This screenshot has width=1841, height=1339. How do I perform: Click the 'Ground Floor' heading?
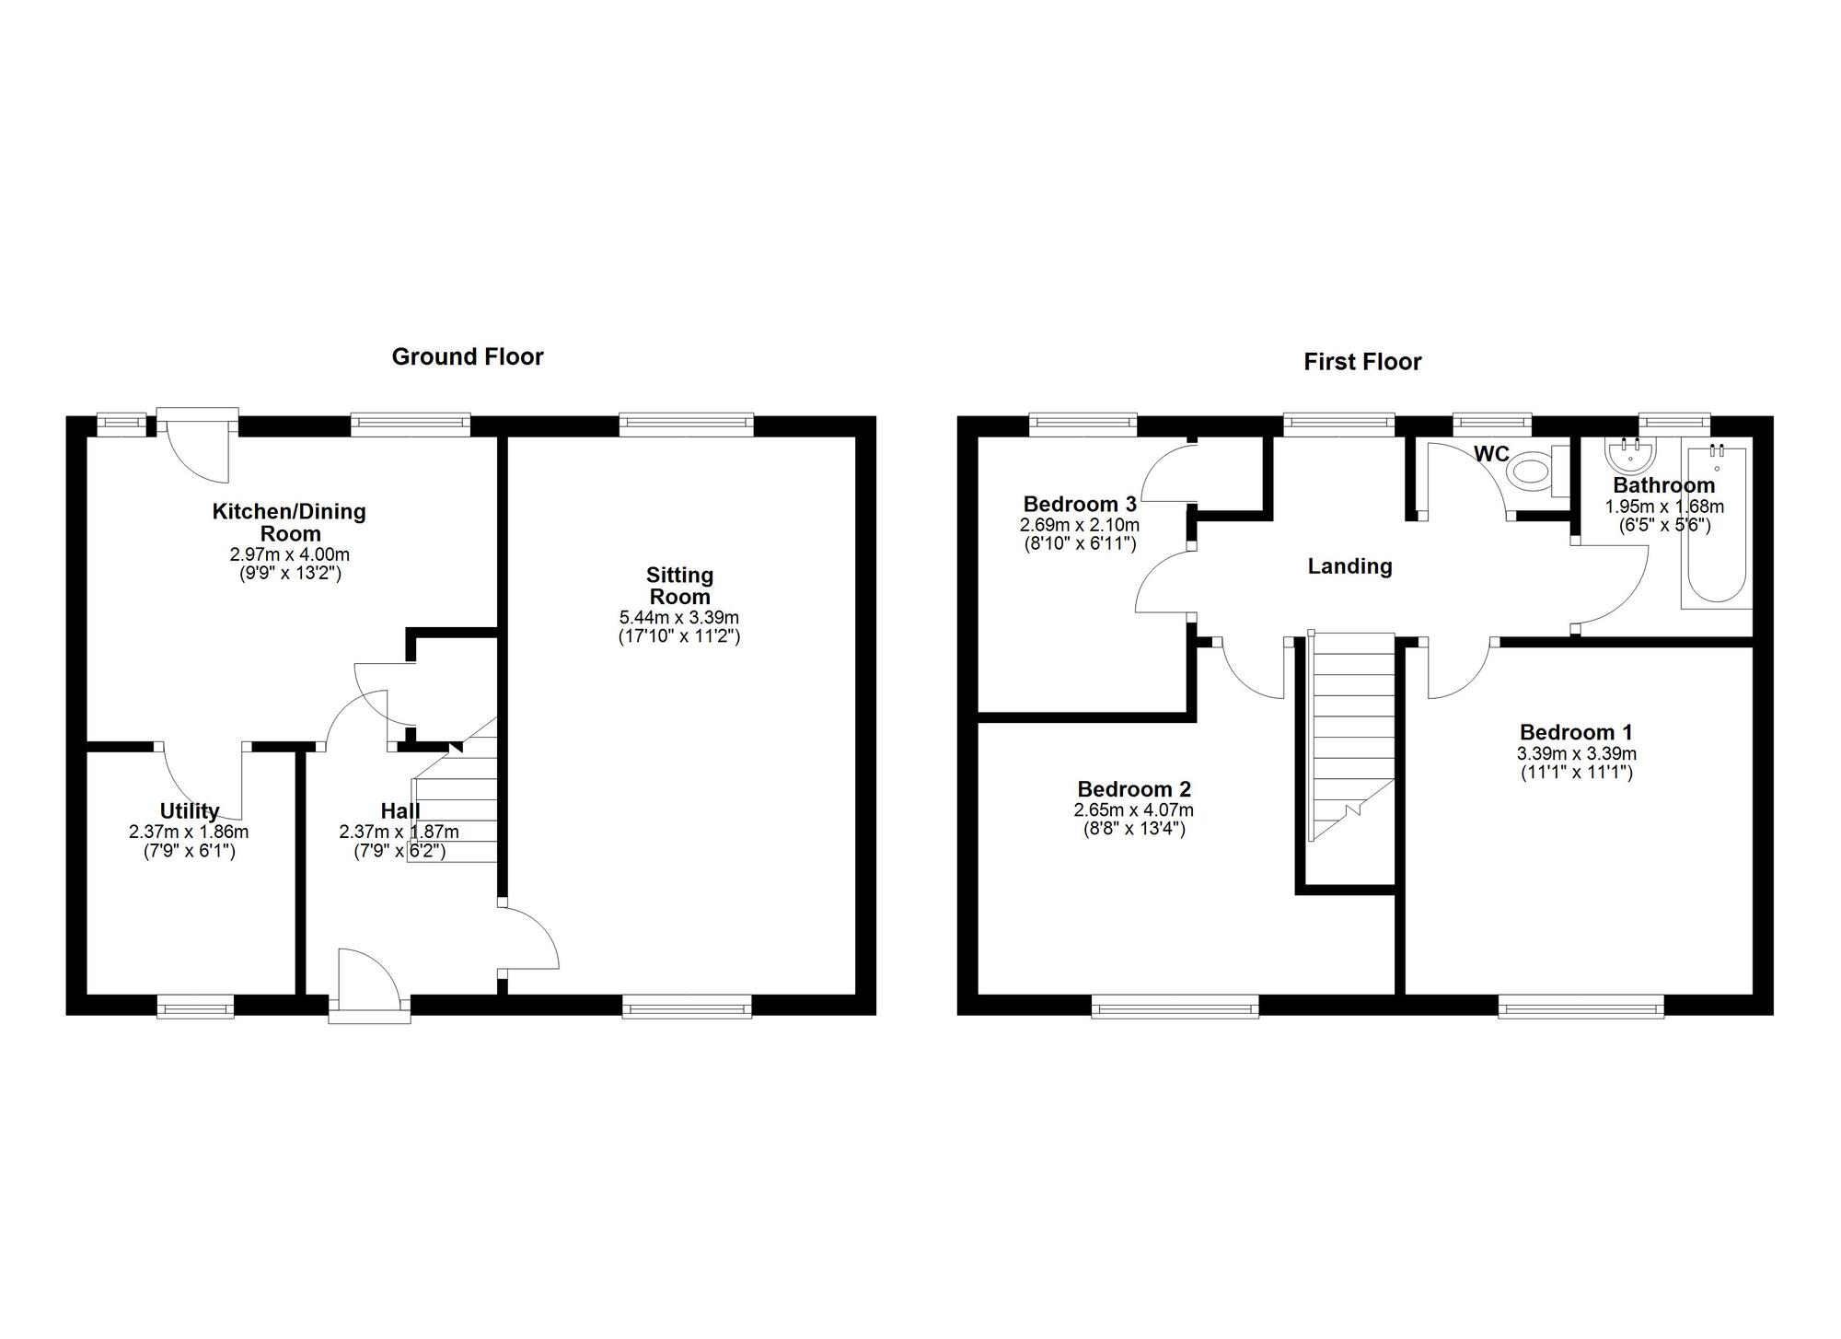point(468,357)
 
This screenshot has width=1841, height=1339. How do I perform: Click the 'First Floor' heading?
point(1362,362)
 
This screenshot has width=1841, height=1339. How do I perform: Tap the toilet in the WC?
point(1537,472)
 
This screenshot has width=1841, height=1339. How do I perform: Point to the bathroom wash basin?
point(1630,453)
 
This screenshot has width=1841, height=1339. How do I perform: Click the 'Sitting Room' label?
point(679,586)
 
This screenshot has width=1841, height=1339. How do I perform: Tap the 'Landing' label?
point(1349,566)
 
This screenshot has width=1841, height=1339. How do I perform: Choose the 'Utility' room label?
point(190,810)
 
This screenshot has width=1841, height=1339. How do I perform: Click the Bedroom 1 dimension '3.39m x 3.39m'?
point(1577,753)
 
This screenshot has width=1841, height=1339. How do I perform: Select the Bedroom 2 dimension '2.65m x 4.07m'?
point(1133,810)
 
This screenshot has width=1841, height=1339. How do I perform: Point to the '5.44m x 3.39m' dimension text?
point(679,618)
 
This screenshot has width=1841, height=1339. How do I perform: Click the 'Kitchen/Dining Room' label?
point(289,522)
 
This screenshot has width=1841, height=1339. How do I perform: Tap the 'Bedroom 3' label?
point(1080,505)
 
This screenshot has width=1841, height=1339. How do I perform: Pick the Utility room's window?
point(195,1007)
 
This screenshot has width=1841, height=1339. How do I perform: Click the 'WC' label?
point(1491,454)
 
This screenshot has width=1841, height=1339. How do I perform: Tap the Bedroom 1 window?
point(1580,1007)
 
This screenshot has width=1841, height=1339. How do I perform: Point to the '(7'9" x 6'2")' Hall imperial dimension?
point(399,852)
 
